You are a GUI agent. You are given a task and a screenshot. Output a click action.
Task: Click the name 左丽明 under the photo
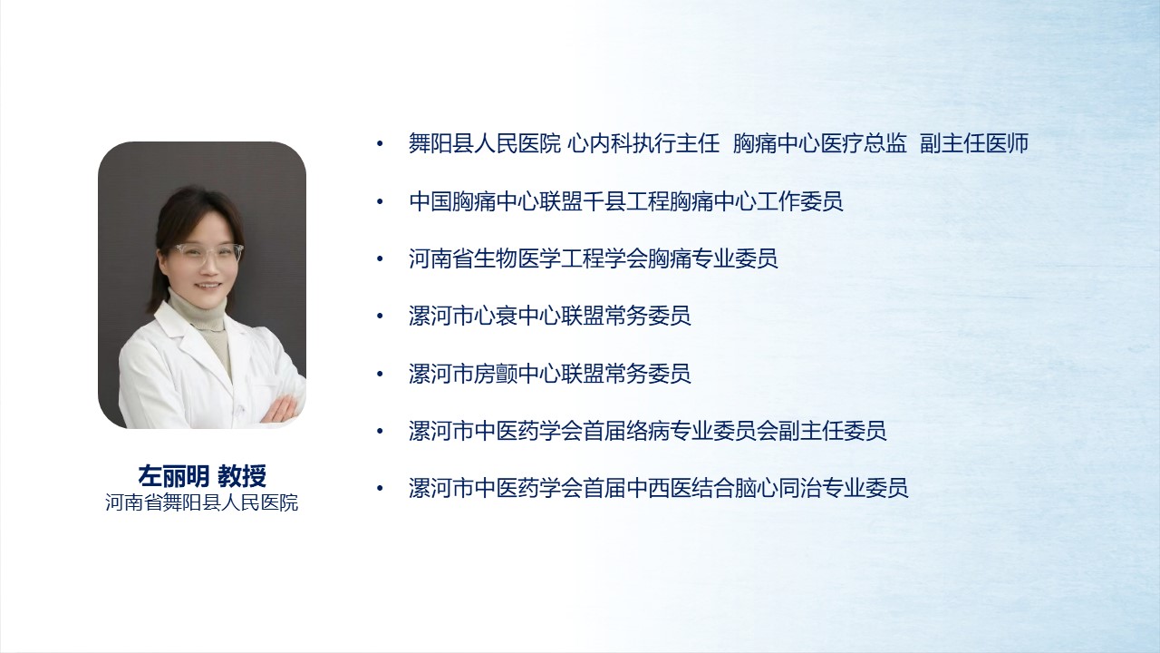tap(173, 476)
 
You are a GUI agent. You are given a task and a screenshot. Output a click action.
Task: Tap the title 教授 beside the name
tap(242, 476)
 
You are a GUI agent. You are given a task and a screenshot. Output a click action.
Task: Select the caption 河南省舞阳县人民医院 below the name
tap(202, 502)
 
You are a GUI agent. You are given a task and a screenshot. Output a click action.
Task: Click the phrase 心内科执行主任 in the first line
tap(643, 143)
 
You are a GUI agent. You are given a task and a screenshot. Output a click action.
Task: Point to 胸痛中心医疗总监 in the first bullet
tap(820, 143)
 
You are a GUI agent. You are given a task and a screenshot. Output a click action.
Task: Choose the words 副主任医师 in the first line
tap(974, 143)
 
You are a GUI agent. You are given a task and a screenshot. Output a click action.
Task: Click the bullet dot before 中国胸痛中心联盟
tap(380, 201)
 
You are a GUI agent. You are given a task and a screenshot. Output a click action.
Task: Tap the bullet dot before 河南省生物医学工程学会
tap(380, 258)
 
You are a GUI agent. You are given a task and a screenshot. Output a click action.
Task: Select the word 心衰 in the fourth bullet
tap(496, 316)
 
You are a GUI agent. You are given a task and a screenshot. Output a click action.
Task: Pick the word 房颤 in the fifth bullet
tap(496, 374)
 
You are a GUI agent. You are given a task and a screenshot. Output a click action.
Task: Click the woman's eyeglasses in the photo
tap(209, 253)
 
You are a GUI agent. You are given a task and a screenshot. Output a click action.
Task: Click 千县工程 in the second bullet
tap(626, 201)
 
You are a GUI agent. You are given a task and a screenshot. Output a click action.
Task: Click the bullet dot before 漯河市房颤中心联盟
tap(380, 374)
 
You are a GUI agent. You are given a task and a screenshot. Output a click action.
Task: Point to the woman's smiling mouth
tap(208, 286)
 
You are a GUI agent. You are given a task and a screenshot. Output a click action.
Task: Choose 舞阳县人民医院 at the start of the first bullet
tap(485, 143)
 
